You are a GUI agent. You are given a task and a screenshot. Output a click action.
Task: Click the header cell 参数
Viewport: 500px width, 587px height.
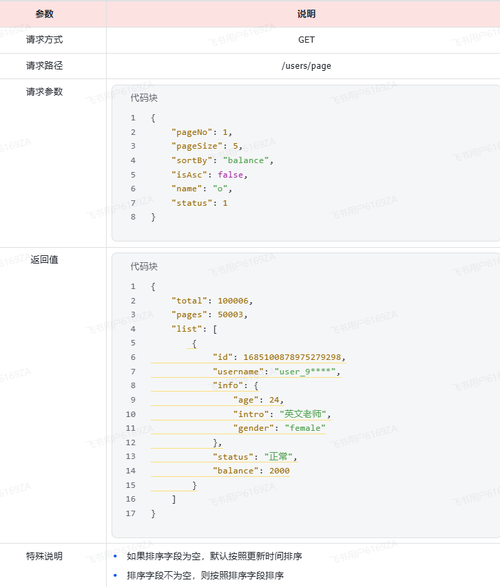point(45,14)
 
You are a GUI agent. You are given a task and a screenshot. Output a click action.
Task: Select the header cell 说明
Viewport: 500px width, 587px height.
point(306,14)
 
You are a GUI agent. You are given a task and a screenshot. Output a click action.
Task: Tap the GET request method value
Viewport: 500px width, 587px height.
point(306,40)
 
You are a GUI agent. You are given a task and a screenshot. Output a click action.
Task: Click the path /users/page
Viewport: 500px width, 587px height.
point(306,66)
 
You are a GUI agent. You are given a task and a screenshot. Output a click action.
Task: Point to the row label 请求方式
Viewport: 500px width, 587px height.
point(45,40)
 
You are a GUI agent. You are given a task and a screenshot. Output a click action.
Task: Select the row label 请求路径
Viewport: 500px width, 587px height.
point(45,66)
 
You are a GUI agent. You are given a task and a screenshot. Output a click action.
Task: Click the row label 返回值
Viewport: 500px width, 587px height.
point(45,260)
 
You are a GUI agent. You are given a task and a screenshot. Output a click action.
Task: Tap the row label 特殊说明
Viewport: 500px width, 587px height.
point(45,556)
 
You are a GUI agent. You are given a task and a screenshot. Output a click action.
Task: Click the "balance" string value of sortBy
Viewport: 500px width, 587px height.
point(247,160)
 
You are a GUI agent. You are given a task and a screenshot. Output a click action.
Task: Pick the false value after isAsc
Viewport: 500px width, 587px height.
point(230,175)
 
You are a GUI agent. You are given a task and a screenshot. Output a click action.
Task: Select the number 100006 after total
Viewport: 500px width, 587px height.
point(235,301)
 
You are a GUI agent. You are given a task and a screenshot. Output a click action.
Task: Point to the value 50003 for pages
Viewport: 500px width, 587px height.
point(232,314)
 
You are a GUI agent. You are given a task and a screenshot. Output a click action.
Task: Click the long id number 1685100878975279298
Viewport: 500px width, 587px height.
point(292,357)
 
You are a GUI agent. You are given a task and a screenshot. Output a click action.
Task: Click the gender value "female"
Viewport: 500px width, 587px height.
point(304,428)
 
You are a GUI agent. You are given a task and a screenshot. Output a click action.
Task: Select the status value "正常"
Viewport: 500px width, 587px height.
point(275,456)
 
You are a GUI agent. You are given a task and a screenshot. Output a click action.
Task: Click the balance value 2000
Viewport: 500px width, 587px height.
point(279,471)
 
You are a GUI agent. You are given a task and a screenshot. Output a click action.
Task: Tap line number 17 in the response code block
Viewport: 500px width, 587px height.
point(131,513)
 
